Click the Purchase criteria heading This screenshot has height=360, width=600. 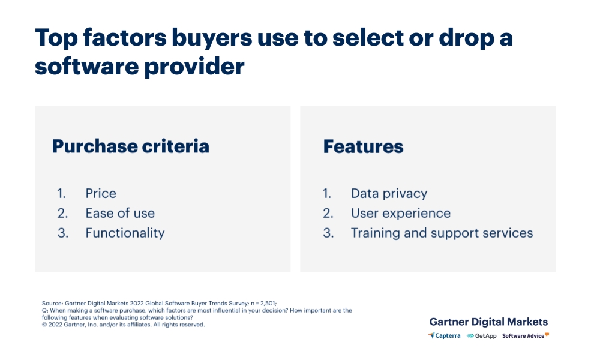pos(130,146)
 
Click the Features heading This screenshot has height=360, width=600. pos(363,146)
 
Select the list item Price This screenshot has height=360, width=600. pos(101,193)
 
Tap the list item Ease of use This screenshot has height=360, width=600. pos(120,213)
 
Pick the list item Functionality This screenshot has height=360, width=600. pos(125,233)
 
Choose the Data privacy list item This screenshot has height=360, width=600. pos(389,193)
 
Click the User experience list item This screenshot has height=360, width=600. pos(400,213)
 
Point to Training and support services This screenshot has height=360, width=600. pos(442,233)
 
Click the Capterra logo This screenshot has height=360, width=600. pos(445,336)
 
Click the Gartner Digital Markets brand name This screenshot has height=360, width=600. pos(488,322)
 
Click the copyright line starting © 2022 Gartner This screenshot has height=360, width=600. pos(124,325)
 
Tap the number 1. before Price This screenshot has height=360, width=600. pos(62,193)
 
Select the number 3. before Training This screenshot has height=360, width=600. pos(328,233)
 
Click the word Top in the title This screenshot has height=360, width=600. pos(58,37)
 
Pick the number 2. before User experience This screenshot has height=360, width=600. pos(328,213)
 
